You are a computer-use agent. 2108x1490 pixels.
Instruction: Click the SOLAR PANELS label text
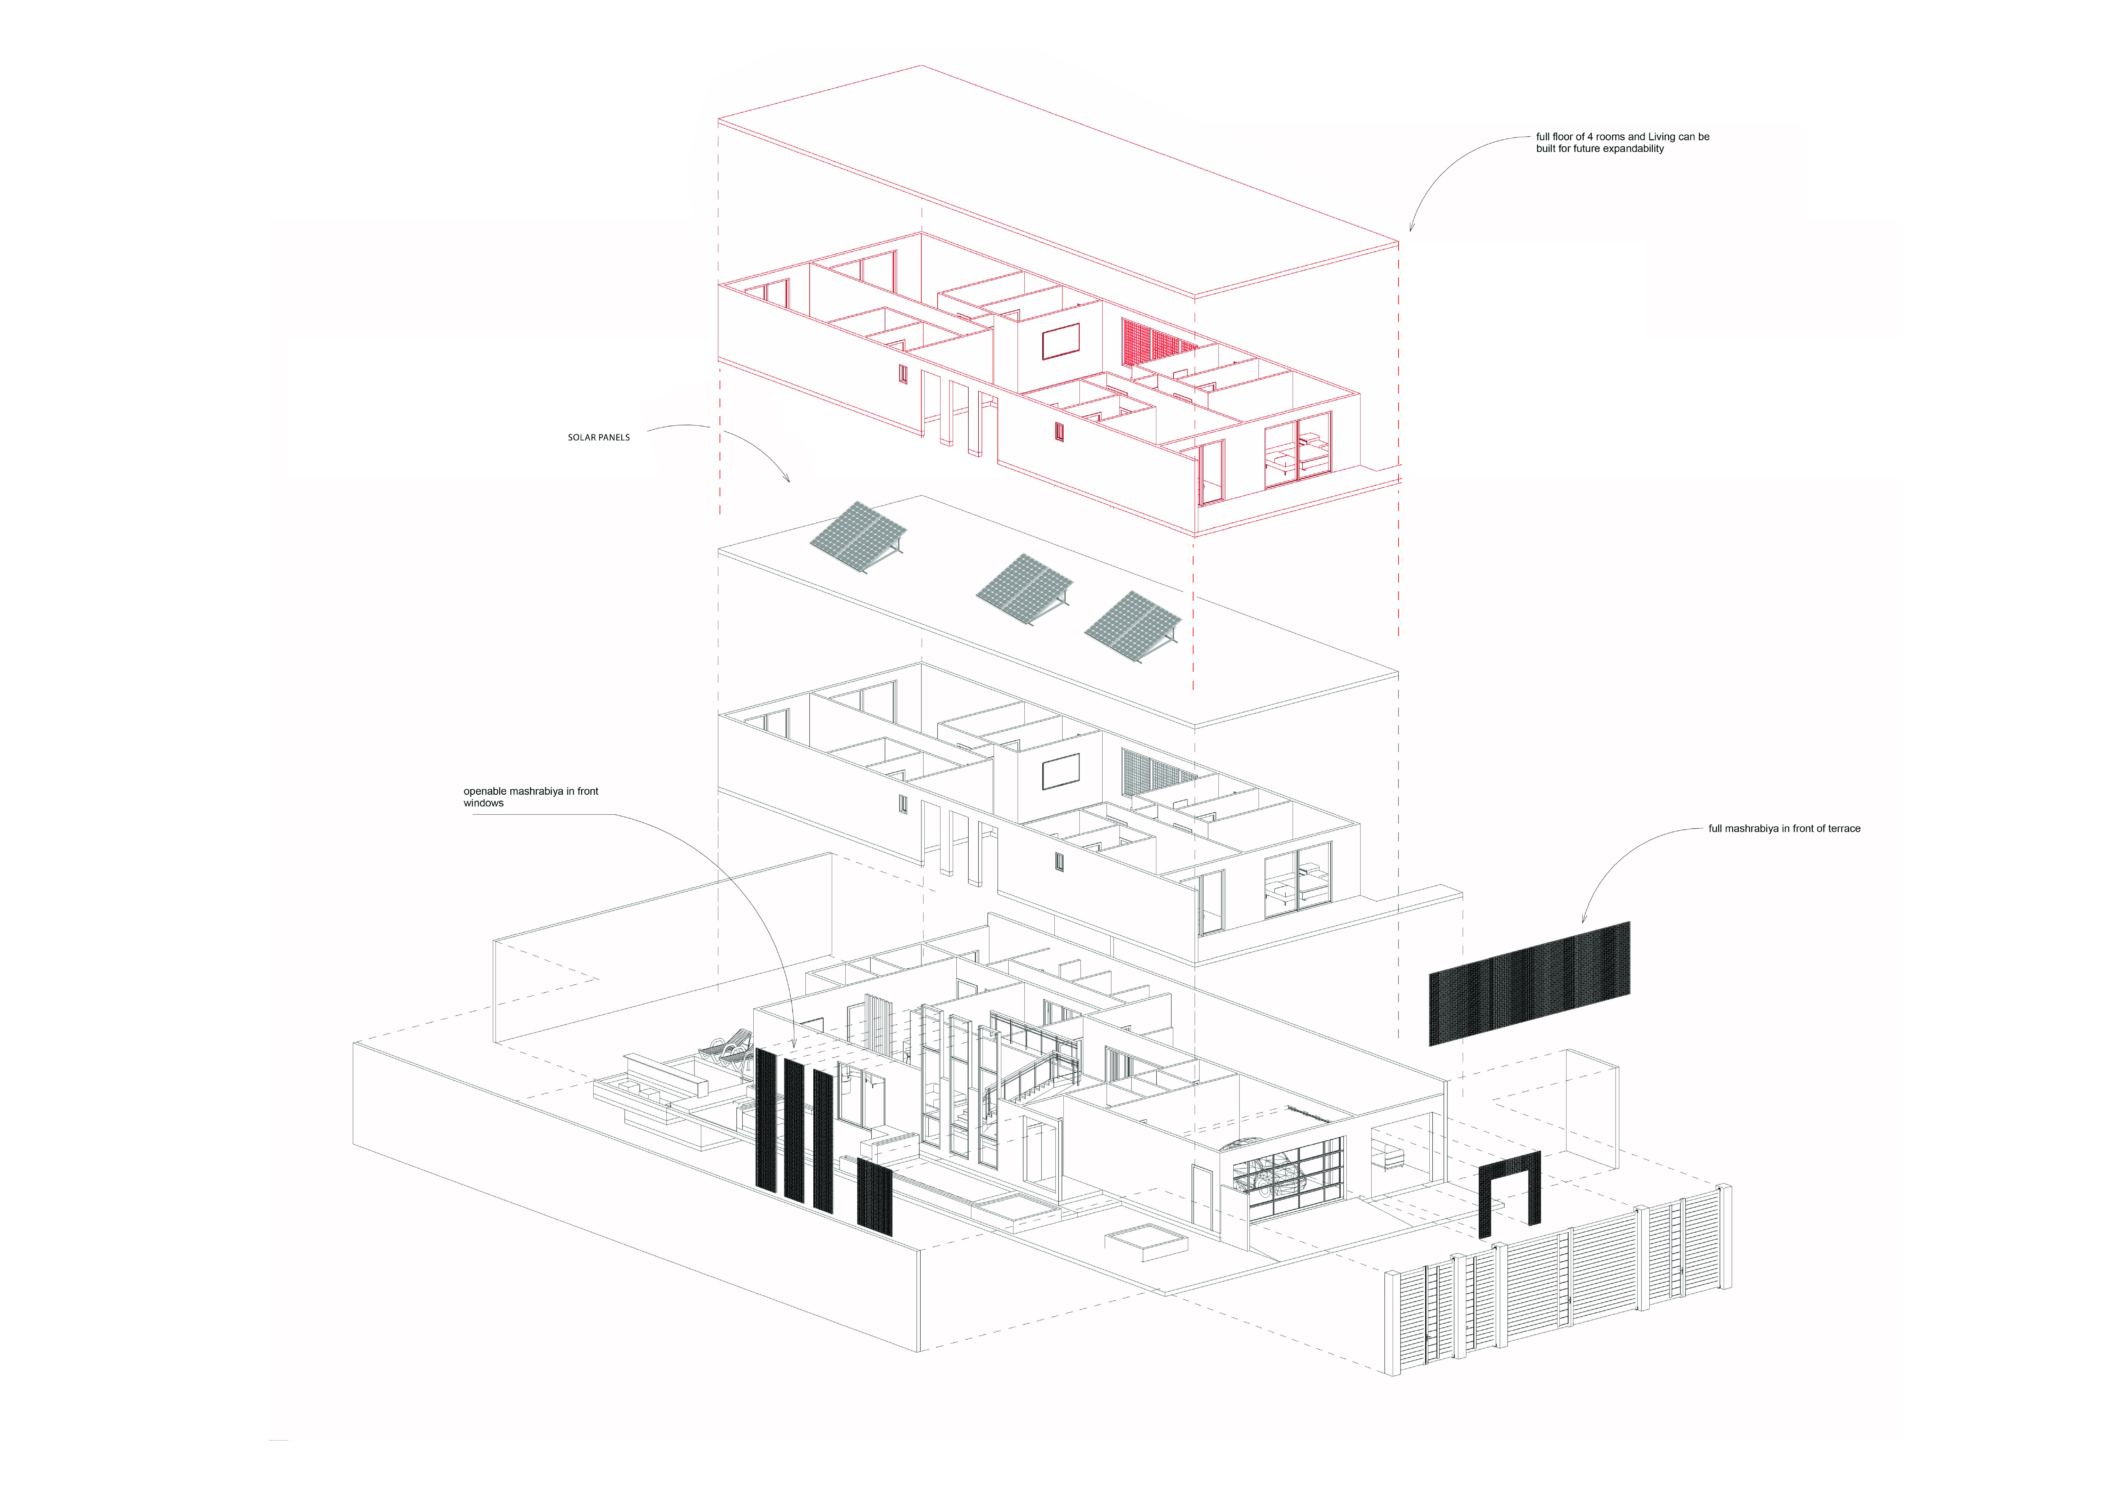(x=599, y=438)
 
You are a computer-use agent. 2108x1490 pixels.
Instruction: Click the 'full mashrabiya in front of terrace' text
(x=1784, y=829)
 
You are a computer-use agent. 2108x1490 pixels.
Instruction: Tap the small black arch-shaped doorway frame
(x=1509, y=1191)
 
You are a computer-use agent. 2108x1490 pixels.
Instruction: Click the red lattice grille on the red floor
(x=1157, y=346)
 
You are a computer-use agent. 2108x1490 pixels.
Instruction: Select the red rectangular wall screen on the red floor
(x=1061, y=342)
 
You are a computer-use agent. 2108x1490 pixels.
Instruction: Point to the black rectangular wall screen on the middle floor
(x=1061, y=772)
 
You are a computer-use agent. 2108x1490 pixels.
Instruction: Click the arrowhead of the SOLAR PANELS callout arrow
(x=788, y=480)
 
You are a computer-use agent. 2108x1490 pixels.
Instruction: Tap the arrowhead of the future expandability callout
(x=1411, y=230)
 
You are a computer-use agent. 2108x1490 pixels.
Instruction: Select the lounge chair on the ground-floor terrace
(x=725, y=1047)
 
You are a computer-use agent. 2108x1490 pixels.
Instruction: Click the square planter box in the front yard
(x=1146, y=1241)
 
